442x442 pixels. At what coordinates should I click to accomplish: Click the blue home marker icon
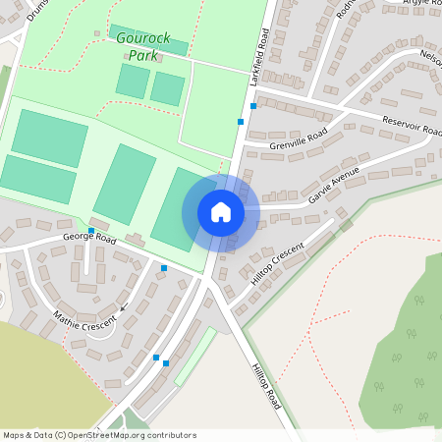(221, 212)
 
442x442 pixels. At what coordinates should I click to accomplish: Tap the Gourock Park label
(143, 46)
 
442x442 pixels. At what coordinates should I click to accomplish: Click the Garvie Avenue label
(335, 185)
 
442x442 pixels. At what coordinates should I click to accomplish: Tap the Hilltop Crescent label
(278, 263)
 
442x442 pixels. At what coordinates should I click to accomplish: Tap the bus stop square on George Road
(91, 231)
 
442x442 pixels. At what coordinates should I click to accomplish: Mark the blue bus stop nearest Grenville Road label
(241, 122)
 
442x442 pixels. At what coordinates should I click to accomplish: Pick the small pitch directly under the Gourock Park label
(133, 81)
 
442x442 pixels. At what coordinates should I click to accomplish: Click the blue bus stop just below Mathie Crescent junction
(156, 358)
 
